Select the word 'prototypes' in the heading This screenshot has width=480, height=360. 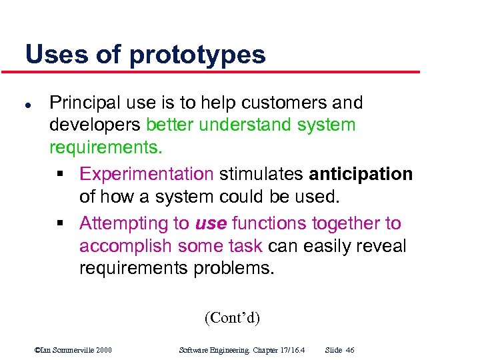(x=197, y=55)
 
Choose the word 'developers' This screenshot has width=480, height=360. (x=95, y=125)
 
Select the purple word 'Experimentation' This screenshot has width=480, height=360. (x=146, y=174)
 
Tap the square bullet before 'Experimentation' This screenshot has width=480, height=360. (x=60, y=175)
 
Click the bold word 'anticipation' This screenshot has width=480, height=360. (x=361, y=174)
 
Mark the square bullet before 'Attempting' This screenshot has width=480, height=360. (x=60, y=224)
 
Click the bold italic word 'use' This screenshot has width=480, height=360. (x=210, y=223)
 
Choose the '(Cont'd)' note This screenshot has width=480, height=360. (x=232, y=317)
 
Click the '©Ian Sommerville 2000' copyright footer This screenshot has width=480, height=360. (x=73, y=350)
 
